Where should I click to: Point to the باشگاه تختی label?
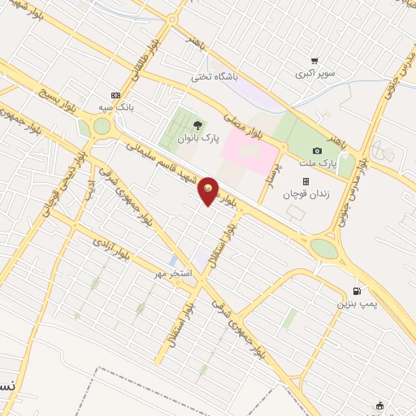(212, 77)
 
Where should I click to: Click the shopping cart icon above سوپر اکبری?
(314, 60)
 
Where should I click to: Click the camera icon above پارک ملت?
(317, 151)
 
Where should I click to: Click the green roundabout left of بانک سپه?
(102, 126)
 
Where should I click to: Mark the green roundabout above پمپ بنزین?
(324, 248)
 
